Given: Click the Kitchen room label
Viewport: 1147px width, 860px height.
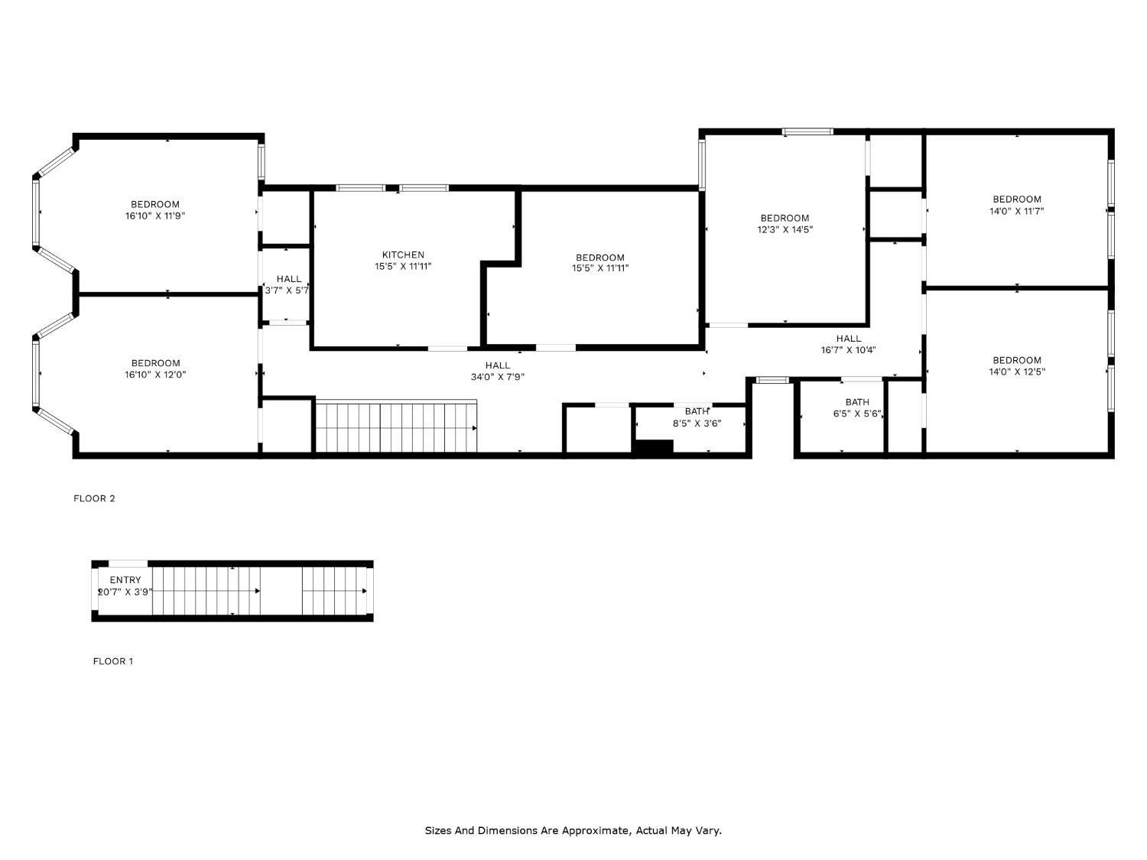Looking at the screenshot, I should tap(403, 255).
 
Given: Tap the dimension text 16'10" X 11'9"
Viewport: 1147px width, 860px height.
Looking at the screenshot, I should tap(155, 216).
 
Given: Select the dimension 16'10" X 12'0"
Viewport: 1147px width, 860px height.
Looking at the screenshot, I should tap(155, 375).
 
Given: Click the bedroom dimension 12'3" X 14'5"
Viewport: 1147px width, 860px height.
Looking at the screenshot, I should tap(785, 229).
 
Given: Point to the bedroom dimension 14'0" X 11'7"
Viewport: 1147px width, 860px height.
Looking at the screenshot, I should tap(1016, 211).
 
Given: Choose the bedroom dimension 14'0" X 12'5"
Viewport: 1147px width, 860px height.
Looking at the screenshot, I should tap(1016, 372).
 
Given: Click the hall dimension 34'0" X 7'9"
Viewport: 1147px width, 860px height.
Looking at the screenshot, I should tap(497, 377).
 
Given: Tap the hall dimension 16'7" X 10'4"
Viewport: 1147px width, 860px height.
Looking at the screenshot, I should tap(848, 350).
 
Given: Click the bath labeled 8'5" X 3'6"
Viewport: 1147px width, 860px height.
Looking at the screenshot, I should tap(697, 423).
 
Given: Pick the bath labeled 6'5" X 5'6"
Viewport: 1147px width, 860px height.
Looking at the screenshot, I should tap(857, 414).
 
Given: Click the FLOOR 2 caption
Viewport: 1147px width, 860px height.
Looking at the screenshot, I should tap(94, 498).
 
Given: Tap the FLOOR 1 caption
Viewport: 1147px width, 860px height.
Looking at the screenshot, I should tap(112, 661).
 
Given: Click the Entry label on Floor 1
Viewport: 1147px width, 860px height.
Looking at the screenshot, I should tap(125, 580).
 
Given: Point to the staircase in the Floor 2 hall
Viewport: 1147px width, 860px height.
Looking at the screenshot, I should tap(396, 427).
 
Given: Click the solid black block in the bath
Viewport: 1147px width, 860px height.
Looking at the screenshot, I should tap(653, 448).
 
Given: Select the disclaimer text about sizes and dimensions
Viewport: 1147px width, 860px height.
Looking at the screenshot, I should tap(573, 830).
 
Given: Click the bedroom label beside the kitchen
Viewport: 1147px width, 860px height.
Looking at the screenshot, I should tap(599, 258).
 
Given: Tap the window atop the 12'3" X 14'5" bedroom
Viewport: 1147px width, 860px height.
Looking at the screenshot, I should tap(807, 131).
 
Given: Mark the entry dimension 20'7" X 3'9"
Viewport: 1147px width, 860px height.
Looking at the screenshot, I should tap(125, 592).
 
